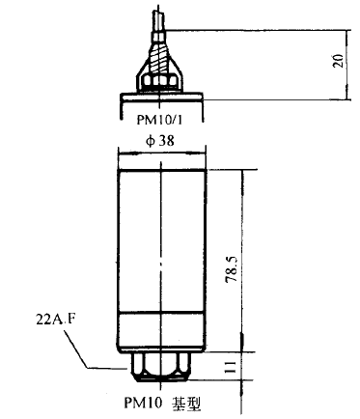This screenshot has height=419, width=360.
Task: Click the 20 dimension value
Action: click(338, 60)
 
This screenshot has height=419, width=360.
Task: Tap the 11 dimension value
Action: click(231, 366)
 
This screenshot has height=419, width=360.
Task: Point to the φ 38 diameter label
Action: click(160, 141)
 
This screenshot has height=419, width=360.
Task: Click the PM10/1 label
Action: click(160, 120)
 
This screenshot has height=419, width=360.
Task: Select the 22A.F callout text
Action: click(54, 321)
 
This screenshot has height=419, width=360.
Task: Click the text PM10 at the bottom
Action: click(143, 403)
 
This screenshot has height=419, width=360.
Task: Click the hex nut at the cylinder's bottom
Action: click(161, 367)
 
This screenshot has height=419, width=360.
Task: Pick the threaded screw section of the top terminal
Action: click(158, 59)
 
